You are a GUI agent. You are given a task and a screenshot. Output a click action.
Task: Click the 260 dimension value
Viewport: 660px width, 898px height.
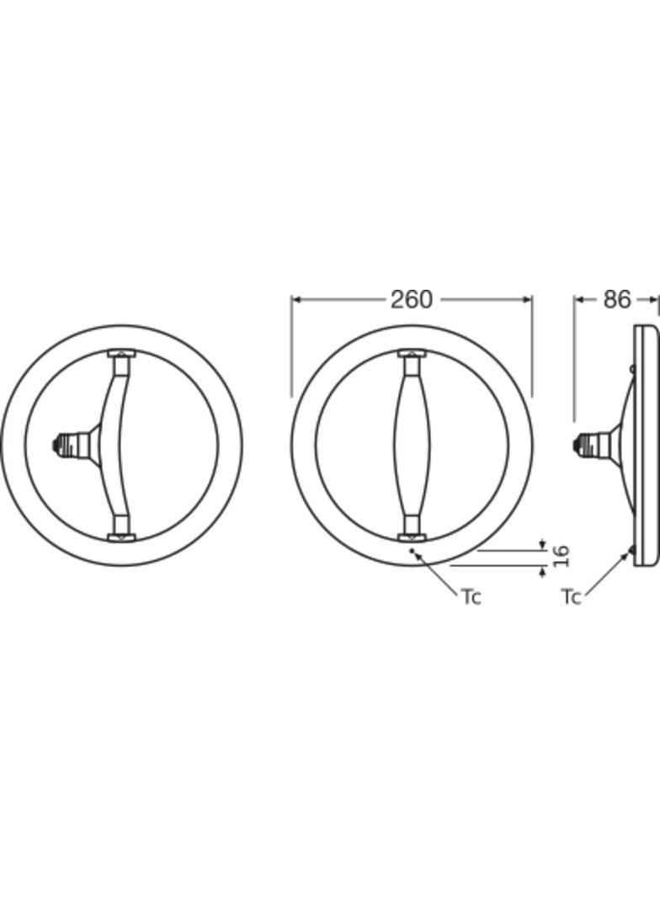[412, 299]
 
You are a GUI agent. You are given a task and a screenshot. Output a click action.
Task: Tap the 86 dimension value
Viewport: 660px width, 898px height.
[616, 299]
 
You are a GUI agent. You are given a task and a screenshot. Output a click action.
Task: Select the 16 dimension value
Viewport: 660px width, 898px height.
[562, 556]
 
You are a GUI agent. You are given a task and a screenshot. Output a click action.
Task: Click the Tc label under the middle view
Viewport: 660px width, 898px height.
[471, 596]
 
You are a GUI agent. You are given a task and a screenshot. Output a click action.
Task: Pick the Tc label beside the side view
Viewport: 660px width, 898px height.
[571, 596]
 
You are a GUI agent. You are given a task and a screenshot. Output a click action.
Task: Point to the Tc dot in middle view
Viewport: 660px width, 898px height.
[412, 550]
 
